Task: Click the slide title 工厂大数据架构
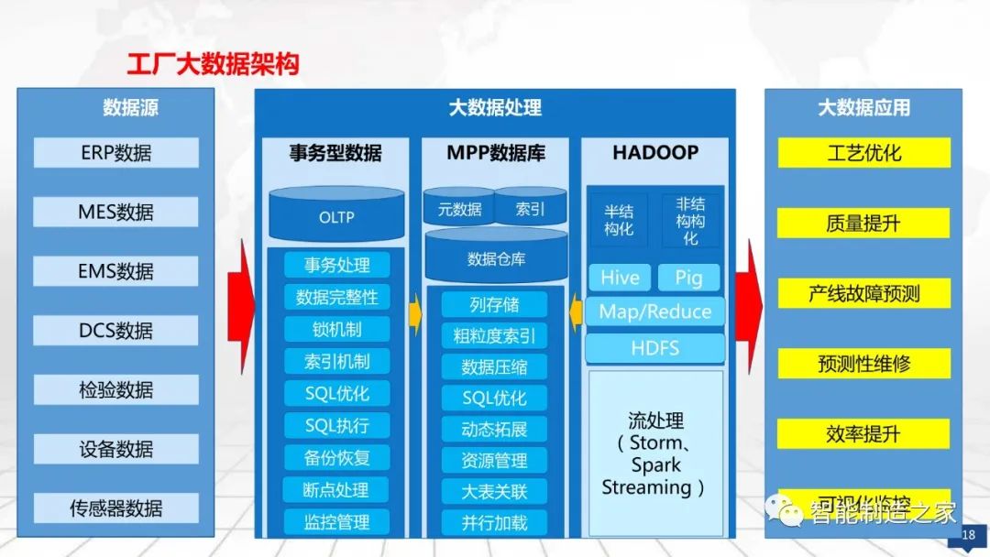[x=213, y=64]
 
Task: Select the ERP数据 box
[x=115, y=153]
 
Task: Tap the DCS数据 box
[x=115, y=331]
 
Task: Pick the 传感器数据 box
[x=115, y=508]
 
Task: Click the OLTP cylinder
[x=336, y=217]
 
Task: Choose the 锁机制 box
[x=336, y=329]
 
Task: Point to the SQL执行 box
[x=336, y=425]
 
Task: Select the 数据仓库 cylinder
[x=496, y=259]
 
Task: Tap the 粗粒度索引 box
[x=494, y=335]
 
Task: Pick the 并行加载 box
[x=494, y=523]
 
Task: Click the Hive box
[x=620, y=278]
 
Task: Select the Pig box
[x=688, y=278]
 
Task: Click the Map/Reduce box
[x=654, y=311]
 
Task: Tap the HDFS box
[x=654, y=348]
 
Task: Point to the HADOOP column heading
[x=654, y=153]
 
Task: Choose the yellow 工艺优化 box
[x=863, y=153]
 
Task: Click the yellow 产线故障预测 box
[x=863, y=294]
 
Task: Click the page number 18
[x=968, y=535]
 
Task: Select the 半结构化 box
[x=619, y=220]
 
